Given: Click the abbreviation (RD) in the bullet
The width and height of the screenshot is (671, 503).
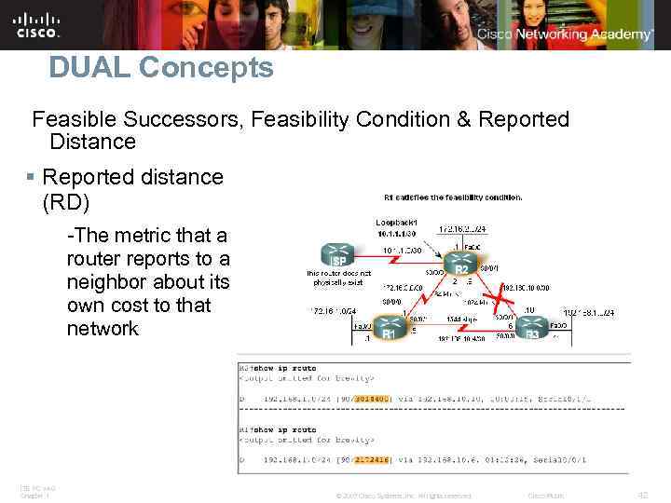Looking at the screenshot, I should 66,200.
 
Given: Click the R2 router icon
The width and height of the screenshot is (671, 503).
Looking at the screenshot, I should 459,264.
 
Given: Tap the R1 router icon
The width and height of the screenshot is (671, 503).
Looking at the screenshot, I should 390,330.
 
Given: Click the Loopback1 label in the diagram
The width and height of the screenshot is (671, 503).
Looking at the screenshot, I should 395,224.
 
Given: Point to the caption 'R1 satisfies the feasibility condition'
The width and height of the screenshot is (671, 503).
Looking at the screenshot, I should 453,197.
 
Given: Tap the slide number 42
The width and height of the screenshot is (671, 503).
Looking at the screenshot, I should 641,495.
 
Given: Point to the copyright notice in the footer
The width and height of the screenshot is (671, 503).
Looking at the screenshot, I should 403,496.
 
